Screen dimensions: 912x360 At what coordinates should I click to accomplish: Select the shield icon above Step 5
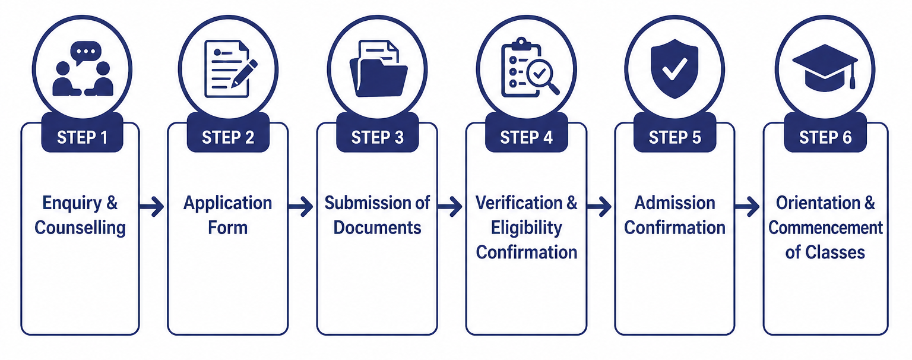click(x=674, y=68)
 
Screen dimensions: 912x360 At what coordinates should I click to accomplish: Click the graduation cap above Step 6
click(x=825, y=68)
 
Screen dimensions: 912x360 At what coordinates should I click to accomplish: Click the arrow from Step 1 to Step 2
click(x=151, y=207)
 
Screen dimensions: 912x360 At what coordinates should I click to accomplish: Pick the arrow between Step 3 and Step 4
click(x=450, y=207)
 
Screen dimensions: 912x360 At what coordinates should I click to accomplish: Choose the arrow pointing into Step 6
click(x=747, y=207)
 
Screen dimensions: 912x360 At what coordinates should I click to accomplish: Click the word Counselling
click(x=80, y=228)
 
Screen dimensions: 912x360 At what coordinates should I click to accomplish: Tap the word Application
click(x=227, y=203)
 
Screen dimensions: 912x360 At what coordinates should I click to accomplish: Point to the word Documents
click(x=377, y=228)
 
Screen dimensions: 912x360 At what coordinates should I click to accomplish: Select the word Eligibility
click(x=527, y=228)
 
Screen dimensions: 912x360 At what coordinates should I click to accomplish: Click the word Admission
click(x=674, y=203)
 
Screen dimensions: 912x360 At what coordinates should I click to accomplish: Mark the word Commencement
click(x=826, y=228)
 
